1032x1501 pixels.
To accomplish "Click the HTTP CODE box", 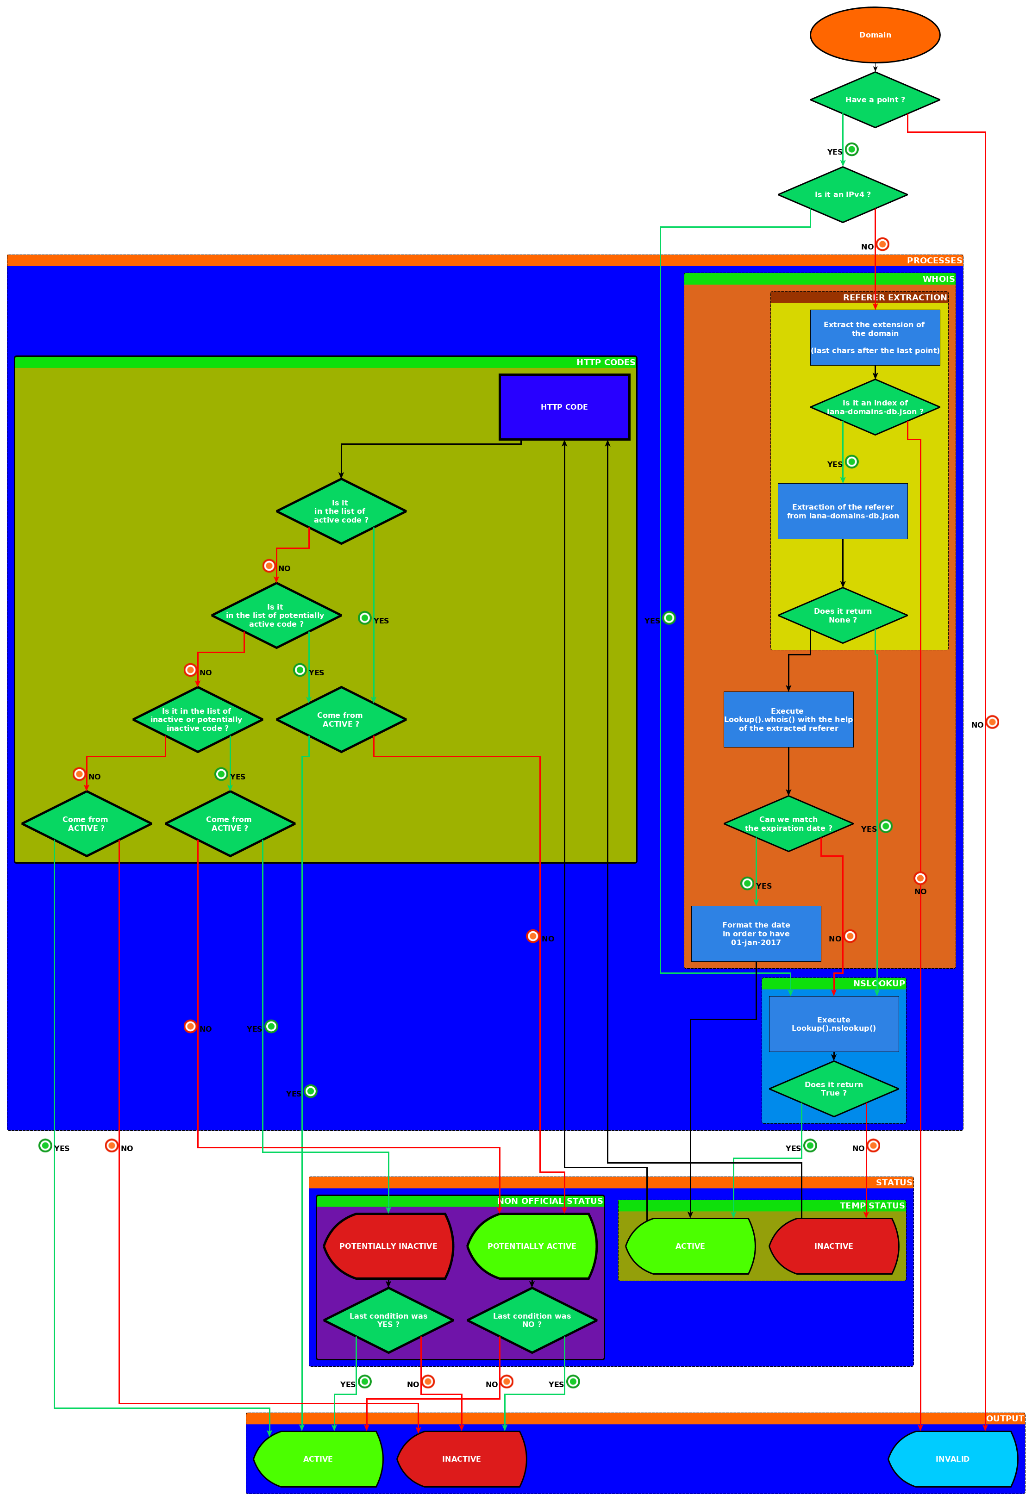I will (564, 406).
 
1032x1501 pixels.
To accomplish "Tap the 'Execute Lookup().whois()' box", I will (788, 719).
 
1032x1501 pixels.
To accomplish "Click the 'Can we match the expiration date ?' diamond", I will (788, 823).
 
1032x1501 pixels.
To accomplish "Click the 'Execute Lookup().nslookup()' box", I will (833, 1024).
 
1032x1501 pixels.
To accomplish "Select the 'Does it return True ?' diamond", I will (833, 1089).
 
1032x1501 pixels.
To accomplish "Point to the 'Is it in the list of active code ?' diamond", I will (341, 511).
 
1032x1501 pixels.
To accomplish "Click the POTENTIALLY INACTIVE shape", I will (388, 1246).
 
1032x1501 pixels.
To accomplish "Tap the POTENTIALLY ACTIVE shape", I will (532, 1246).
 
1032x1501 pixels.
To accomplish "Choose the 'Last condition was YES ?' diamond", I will (388, 1320).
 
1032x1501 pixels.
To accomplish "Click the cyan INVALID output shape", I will (952, 1459).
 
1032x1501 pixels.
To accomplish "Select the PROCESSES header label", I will (934, 261).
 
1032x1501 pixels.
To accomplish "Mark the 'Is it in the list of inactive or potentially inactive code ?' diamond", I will (197, 719).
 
